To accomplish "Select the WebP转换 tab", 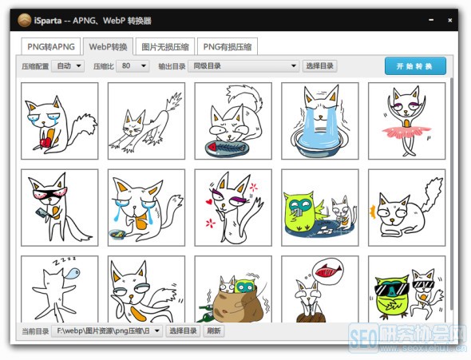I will (107, 47).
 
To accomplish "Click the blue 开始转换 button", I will (414, 65).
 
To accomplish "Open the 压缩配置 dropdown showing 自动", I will (68, 66).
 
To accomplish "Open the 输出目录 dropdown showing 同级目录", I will (244, 66).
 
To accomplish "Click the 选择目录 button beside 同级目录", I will (320, 66).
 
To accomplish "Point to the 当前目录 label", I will (34, 330).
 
